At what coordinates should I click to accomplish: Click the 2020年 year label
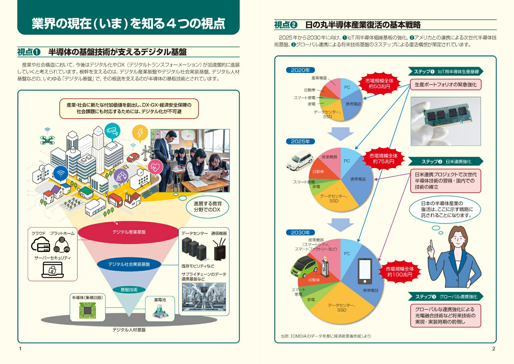click(300, 70)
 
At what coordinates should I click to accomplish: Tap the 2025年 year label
click(300, 141)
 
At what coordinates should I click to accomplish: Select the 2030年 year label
click(300, 233)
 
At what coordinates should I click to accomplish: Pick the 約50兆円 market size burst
click(379, 84)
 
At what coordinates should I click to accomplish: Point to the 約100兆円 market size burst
click(400, 272)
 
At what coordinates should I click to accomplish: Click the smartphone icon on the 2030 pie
click(365, 271)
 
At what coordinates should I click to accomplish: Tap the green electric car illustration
click(305, 267)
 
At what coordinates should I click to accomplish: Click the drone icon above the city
click(48, 140)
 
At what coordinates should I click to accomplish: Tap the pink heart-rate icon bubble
click(155, 168)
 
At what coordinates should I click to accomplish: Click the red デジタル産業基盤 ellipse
click(128, 232)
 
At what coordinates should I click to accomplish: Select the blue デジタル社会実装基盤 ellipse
click(129, 264)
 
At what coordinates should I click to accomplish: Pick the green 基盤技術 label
click(129, 290)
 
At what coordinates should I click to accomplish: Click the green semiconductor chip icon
click(87, 310)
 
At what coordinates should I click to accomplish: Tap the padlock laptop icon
click(53, 270)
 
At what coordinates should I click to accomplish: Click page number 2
click(493, 349)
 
